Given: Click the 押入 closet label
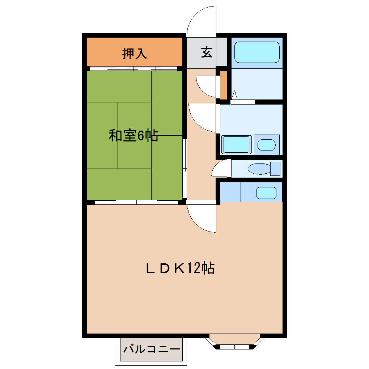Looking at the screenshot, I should pyautogui.click(x=135, y=54).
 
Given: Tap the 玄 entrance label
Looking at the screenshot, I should pyautogui.click(x=207, y=52).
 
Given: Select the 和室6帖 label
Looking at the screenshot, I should pyautogui.click(x=133, y=136).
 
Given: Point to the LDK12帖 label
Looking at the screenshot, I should pyautogui.click(x=180, y=268).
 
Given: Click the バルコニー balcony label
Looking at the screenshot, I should pyautogui.click(x=152, y=349).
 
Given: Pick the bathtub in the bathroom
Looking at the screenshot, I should pyautogui.click(x=257, y=52).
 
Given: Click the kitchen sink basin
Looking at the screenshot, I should pyautogui.click(x=267, y=192).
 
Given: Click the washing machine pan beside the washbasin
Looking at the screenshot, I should pyautogui.click(x=237, y=144).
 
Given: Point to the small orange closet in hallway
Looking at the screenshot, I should pyautogui.click(x=224, y=85).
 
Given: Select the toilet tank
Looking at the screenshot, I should pyautogui.click(x=275, y=169).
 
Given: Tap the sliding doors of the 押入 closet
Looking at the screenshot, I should pyautogui.click(x=134, y=68).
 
